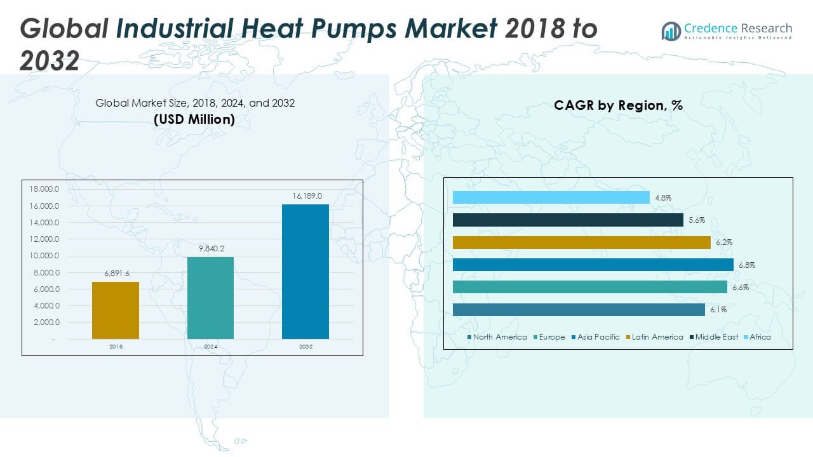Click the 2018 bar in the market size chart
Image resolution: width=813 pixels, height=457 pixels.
pos(115,310)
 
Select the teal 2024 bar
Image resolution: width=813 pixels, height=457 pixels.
pos(210,298)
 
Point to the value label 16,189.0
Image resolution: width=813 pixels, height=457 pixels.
pos(307,196)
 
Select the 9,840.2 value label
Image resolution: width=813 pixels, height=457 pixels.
pos(212,249)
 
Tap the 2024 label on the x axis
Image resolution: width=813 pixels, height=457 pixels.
pos(211,347)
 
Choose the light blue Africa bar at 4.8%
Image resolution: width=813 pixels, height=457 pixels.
pos(551,197)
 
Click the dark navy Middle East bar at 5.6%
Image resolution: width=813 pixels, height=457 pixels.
pos(568,220)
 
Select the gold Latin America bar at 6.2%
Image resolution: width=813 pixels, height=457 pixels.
pos(581,242)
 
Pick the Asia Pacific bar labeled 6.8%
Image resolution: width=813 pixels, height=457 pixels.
pos(593,265)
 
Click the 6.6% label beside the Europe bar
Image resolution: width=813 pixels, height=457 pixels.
pos(741,288)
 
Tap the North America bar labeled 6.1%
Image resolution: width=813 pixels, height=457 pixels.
pos(579,310)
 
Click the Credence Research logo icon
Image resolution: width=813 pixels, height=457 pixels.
pos(671,30)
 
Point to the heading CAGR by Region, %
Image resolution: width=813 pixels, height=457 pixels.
pos(618,105)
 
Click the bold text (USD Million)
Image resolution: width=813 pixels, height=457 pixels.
pos(194,119)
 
